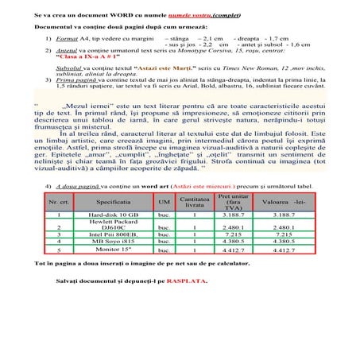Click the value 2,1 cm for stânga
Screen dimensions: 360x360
[x=209, y=37]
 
